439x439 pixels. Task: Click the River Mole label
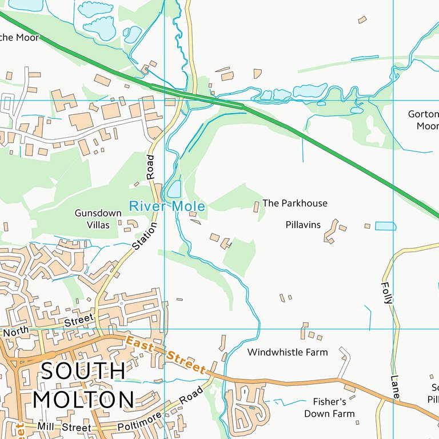(x=167, y=206)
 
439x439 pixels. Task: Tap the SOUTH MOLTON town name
(x=83, y=385)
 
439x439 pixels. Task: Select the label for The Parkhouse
(x=295, y=203)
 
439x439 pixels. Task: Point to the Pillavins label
(x=303, y=225)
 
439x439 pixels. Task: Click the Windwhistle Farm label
(x=288, y=352)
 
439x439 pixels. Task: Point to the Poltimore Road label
(x=161, y=412)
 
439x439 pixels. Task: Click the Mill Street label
(x=63, y=427)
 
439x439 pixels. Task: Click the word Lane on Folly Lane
(x=395, y=386)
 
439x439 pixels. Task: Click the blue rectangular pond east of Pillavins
(x=385, y=226)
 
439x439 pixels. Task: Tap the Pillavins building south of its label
(x=330, y=232)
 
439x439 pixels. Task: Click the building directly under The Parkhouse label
(x=256, y=206)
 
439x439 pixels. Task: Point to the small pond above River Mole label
(x=174, y=189)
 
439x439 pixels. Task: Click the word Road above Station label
(x=151, y=167)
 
